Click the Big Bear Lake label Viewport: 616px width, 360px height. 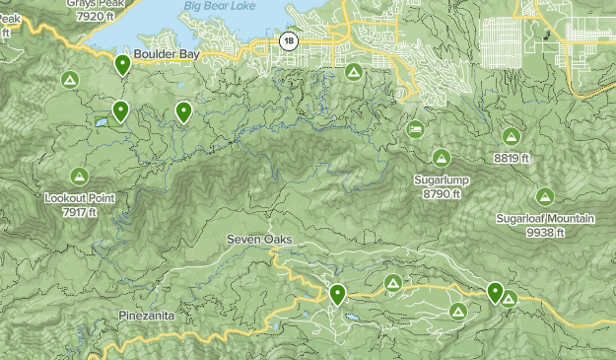coord(219,8)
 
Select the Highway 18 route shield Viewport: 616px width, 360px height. coord(287,40)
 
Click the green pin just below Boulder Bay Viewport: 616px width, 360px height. coord(123,66)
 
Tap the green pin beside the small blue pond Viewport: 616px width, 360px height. coord(119,111)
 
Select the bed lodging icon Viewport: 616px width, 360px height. coord(416,129)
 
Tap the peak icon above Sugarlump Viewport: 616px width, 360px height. coord(442,157)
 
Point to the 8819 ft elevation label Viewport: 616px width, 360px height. coord(512,158)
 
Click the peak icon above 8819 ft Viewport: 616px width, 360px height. coord(511,136)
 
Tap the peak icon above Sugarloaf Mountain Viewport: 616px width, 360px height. coord(545,195)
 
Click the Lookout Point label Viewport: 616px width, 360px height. coord(80,198)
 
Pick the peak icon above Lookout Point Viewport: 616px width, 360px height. coord(80,176)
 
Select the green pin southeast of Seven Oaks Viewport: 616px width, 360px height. coord(338,294)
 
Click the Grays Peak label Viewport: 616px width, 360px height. coord(96,4)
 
